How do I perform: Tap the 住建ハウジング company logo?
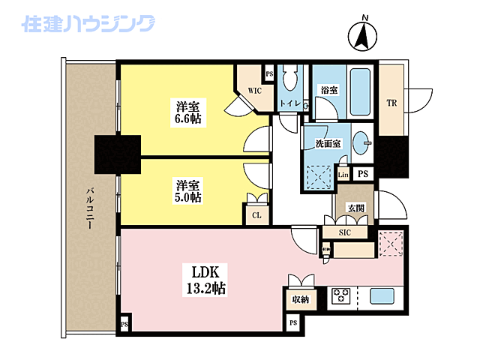tap(89, 26)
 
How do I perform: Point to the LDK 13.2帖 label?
tap(202, 277)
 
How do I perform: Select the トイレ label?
tap(289, 103)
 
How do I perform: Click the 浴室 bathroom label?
tap(328, 90)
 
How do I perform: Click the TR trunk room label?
tap(391, 103)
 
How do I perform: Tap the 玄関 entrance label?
tap(355, 206)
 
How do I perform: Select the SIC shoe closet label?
tap(345, 232)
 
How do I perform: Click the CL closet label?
tap(256, 214)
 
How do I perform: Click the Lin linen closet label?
tap(343, 175)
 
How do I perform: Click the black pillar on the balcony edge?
tap(118, 153)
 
